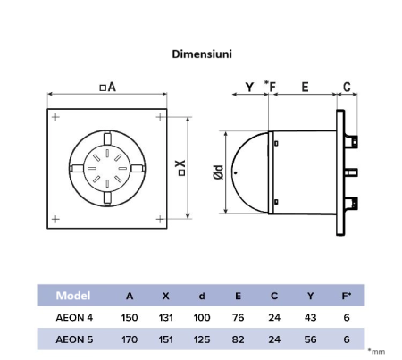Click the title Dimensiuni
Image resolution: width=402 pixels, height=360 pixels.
pos(202,54)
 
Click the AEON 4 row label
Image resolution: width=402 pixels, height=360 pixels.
pos(74,317)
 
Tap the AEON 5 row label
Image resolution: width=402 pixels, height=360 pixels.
pos(74,339)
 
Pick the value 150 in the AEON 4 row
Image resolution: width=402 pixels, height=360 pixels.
pos(130,317)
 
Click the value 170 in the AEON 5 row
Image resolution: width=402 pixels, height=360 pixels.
pos(130,339)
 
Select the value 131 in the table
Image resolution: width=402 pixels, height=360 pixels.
pos(166,317)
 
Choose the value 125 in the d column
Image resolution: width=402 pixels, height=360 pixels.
pos(202,339)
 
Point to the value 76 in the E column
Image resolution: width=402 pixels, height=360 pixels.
pos(238,317)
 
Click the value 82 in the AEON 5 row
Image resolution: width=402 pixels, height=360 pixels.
pos(238,339)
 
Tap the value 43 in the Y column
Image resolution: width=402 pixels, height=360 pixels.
pos(310,317)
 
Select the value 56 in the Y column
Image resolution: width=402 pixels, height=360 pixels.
pos(310,339)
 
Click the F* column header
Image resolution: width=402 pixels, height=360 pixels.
pos(346,296)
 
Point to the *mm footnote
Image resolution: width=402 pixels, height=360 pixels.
pos(378,354)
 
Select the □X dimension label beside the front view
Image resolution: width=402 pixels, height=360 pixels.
pos(181,166)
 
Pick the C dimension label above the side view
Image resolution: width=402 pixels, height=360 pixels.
pos(346,87)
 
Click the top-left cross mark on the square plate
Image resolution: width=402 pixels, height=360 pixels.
pos(56,117)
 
